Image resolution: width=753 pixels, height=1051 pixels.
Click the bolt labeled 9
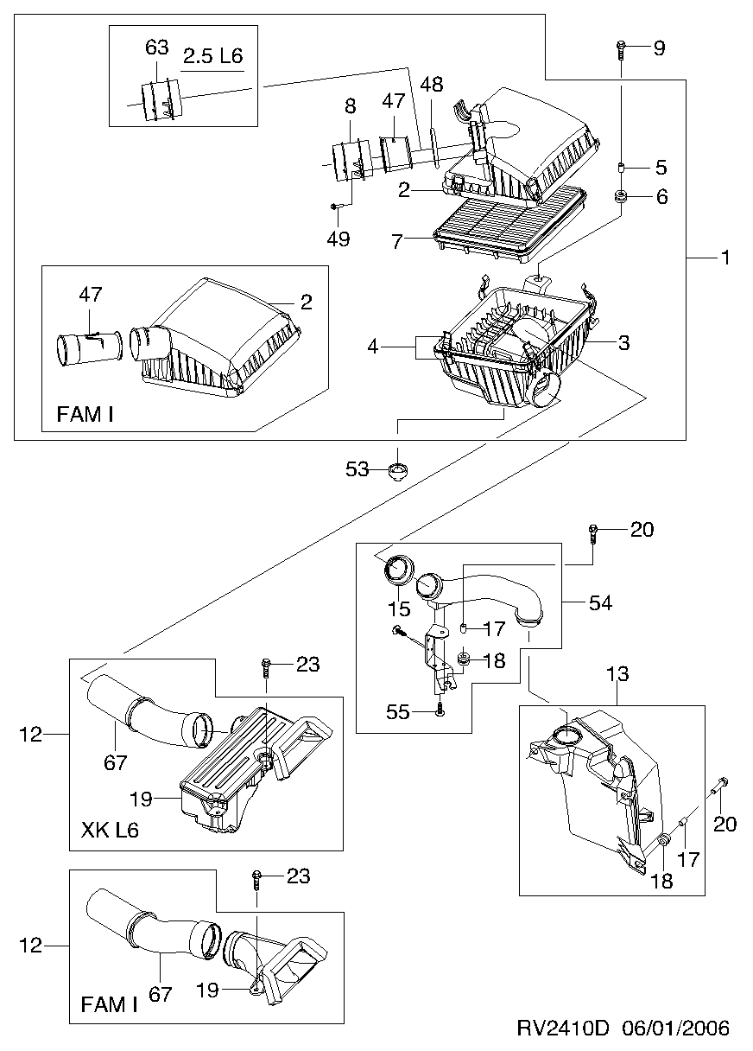[621, 51]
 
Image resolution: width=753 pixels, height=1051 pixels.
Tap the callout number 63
[156, 48]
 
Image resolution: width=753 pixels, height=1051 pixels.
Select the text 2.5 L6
[213, 56]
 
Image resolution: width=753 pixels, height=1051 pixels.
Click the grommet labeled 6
[622, 196]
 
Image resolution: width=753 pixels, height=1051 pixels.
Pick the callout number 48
[432, 85]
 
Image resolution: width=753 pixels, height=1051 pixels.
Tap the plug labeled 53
[397, 469]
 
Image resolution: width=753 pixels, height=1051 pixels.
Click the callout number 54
[601, 603]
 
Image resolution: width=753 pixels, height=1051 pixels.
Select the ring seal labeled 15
[399, 571]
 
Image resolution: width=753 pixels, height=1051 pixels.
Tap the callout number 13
[617, 674]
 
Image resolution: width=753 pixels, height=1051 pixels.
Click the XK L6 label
[111, 831]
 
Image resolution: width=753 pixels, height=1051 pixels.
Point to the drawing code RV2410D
[563, 1029]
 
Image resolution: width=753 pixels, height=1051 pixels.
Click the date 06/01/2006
[675, 1029]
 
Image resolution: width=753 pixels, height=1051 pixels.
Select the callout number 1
[725, 258]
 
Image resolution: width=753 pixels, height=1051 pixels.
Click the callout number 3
[623, 343]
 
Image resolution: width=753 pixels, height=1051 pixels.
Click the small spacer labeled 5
[621, 167]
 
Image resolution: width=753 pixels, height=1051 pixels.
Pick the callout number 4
[372, 347]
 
